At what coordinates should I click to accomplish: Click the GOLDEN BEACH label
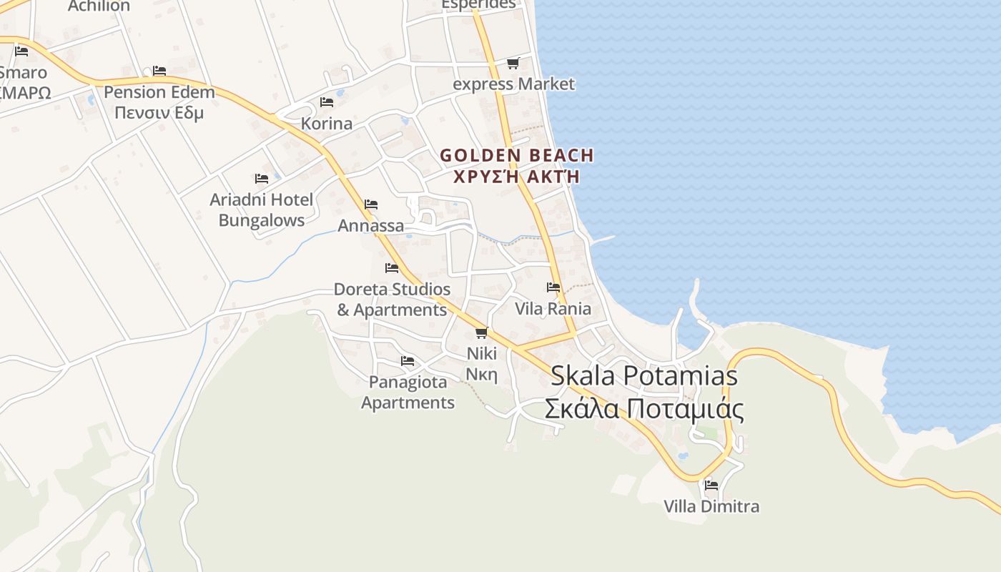(x=516, y=155)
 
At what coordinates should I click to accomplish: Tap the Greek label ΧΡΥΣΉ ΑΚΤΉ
(x=516, y=176)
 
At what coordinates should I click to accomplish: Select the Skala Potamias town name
(x=643, y=376)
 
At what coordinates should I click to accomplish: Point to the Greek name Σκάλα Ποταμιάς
(x=643, y=410)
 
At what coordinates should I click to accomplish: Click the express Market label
(x=513, y=84)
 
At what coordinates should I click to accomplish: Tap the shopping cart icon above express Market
(x=513, y=64)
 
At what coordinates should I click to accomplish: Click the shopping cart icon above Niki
(x=481, y=332)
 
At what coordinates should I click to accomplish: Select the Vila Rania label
(x=553, y=309)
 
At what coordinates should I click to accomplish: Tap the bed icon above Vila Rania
(x=553, y=287)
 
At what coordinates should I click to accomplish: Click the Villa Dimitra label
(x=711, y=506)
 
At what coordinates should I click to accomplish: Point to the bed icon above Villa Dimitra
(x=711, y=485)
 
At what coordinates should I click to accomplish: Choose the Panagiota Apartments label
(x=408, y=392)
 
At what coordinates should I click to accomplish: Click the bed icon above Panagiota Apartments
(x=408, y=360)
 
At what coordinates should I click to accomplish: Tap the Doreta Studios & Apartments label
(x=392, y=300)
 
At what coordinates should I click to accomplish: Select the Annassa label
(x=370, y=226)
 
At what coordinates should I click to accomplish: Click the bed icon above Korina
(x=327, y=102)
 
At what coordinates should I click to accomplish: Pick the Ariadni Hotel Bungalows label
(x=262, y=210)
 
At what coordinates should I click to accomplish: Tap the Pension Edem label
(x=159, y=92)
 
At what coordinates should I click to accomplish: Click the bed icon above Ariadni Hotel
(x=262, y=178)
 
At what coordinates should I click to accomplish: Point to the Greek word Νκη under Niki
(x=481, y=374)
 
